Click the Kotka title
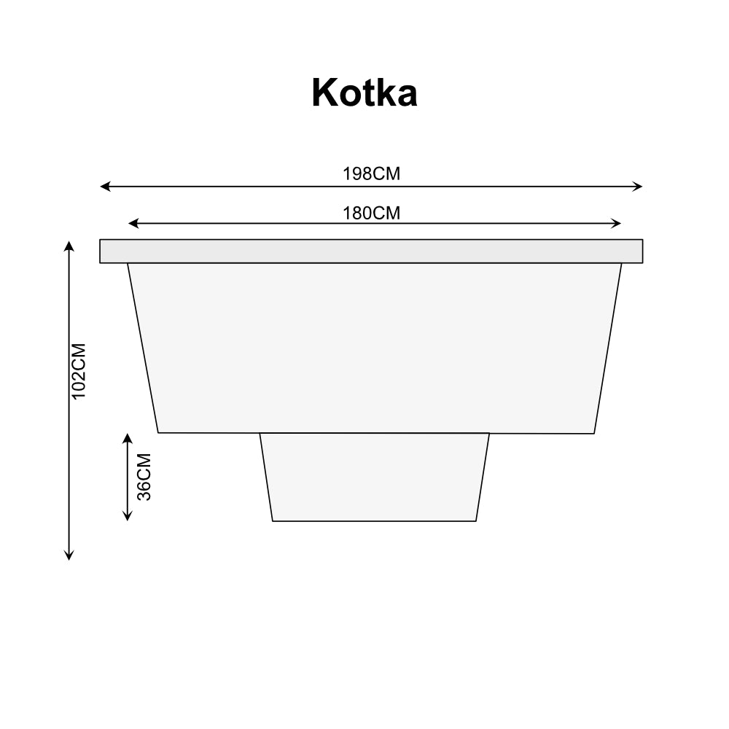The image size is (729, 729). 364,93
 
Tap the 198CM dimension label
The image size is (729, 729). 371,174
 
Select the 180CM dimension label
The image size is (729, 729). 371,214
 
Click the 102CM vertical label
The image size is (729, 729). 79,370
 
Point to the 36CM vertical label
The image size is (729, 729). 144,477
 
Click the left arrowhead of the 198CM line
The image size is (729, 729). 104,187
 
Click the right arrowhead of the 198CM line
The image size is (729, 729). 639,187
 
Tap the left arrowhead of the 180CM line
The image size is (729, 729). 132,223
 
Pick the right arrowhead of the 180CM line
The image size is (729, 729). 617,223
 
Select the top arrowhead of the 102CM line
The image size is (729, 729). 69,244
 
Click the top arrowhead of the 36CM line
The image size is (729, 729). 128,437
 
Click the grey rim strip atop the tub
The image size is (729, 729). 371,251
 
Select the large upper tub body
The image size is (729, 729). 375,347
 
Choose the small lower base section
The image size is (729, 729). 375,477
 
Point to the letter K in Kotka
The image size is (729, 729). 325,93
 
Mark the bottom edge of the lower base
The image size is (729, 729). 375,521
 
